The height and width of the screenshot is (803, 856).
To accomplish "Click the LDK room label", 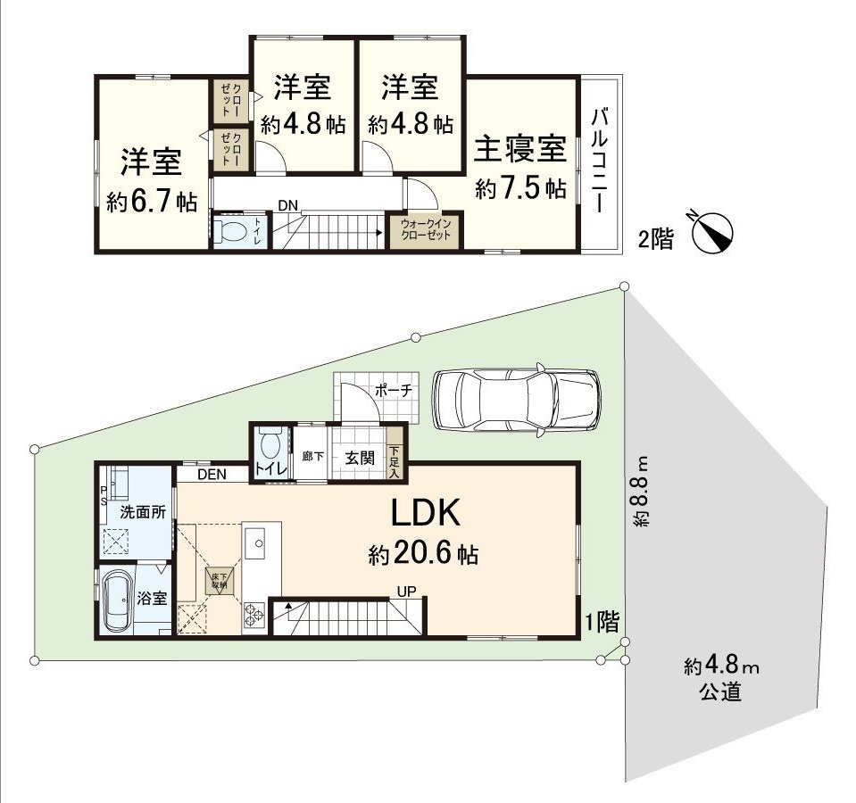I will pyautogui.click(x=424, y=514).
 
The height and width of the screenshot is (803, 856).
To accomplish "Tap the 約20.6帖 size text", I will pyautogui.click(x=424, y=555).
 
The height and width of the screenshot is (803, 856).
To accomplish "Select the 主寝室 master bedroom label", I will pyautogui.click(x=520, y=149).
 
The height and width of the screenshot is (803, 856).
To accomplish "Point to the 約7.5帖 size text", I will pyautogui.click(x=520, y=189).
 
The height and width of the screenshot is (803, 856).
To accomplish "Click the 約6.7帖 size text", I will pyautogui.click(x=152, y=203).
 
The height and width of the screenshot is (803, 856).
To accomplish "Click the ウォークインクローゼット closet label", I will pyautogui.click(x=426, y=228).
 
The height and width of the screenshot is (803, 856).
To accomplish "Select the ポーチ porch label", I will pyautogui.click(x=393, y=390).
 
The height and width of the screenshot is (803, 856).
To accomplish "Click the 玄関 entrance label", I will pyautogui.click(x=360, y=459).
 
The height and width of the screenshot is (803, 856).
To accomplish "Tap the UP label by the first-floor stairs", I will pyautogui.click(x=407, y=591).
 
